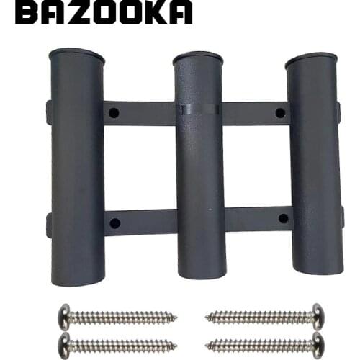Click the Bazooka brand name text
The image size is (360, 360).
(x=104, y=12)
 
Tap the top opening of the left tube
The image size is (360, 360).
(x=76, y=56)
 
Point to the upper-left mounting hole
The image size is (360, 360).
(x=114, y=112)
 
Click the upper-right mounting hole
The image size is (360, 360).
(x=280, y=113)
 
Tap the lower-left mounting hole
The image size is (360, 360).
(x=115, y=223)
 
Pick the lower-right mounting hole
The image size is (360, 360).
(x=284, y=218)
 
